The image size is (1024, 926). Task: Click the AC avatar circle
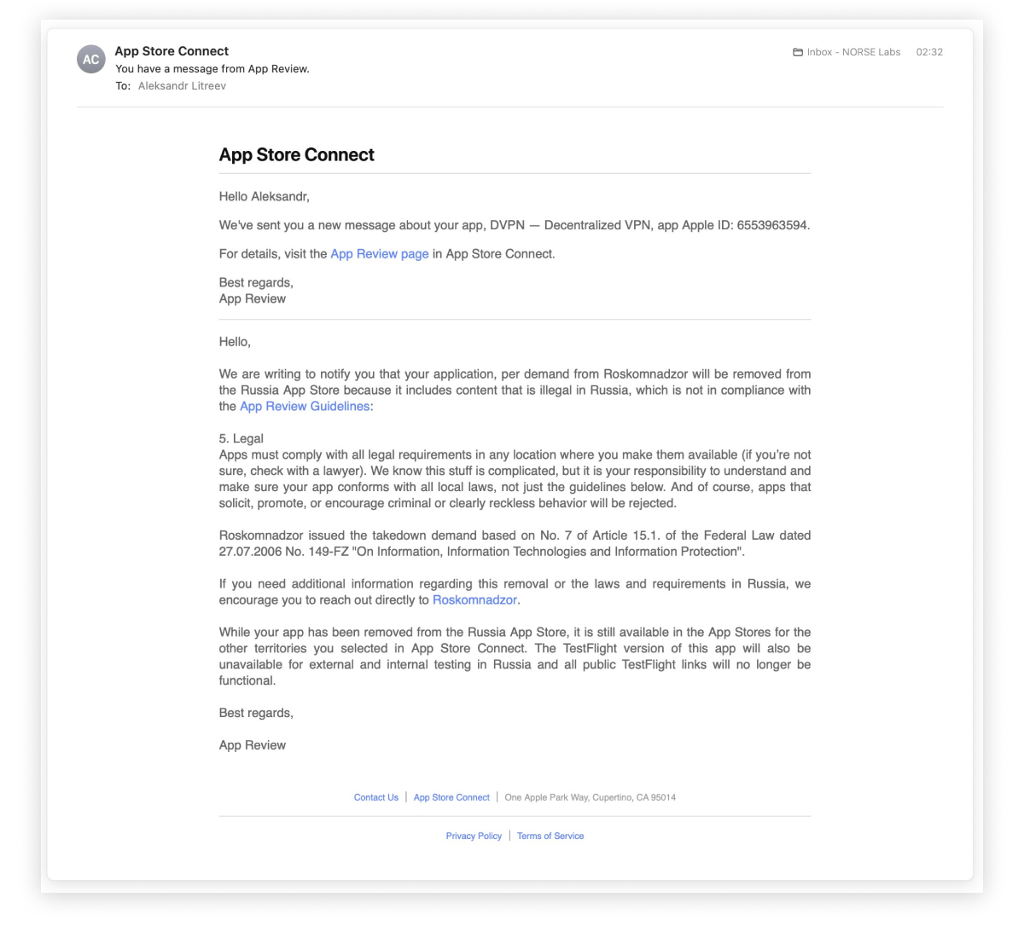(x=91, y=60)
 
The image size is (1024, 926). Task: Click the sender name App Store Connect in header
(x=172, y=51)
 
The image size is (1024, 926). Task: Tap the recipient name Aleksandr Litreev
(x=182, y=86)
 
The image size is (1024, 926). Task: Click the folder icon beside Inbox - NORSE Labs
(x=798, y=52)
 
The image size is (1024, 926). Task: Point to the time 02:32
(x=929, y=52)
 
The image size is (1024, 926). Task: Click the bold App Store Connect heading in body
(x=296, y=155)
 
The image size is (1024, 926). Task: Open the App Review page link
(x=380, y=254)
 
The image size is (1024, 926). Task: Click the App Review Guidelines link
(x=305, y=407)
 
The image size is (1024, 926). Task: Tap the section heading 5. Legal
(x=241, y=439)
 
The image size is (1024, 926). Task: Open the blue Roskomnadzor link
(x=474, y=600)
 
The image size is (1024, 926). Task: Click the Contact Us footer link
(x=376, y=798)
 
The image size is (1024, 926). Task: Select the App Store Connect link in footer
(x=451, y=798)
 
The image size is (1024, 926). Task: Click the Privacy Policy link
(x=474, y=836)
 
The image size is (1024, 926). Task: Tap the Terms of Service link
(x=550, y=836)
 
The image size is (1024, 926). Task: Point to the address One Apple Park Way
(x=590, y=798)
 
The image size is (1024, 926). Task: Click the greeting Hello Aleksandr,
(x=265, y=197)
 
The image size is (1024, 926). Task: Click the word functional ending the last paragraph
(x=247, y=681)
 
